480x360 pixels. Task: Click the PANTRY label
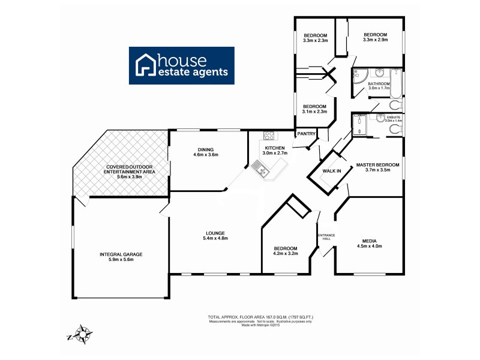point(306,134)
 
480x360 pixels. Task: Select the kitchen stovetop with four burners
point(268,136)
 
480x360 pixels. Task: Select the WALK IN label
point(332,171)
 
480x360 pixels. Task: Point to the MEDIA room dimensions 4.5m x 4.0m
point(369,246)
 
